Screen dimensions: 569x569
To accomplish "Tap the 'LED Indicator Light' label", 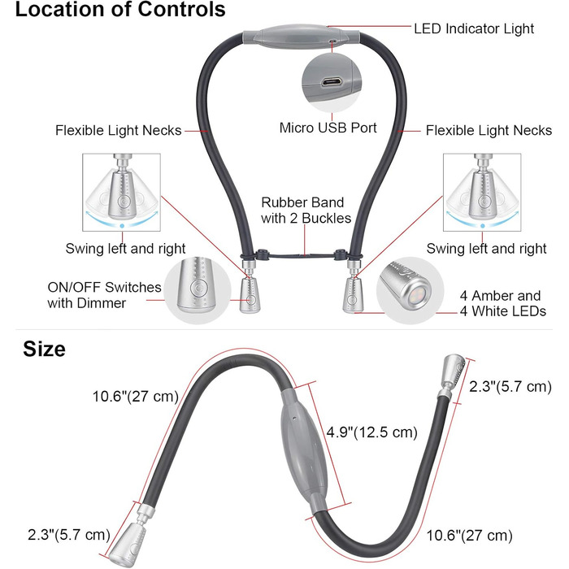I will pos(474,28).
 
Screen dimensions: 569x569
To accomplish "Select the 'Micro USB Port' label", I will pos(328,128).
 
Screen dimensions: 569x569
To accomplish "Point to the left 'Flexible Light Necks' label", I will pos(118,130).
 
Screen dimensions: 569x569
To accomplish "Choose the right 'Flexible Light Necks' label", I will pos(489,130).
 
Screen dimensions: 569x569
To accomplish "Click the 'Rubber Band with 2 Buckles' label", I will pos(303,210).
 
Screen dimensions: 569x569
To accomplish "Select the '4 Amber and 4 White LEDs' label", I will pos(501,303).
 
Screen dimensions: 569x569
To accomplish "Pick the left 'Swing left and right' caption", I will pos(125,249).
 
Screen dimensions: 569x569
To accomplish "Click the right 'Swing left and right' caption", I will pos(486,249).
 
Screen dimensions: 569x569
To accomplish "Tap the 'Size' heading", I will pos(44,350).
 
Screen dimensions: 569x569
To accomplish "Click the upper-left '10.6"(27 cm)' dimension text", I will pos(135,397).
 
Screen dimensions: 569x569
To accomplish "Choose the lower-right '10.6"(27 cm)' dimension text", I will pos(469,535).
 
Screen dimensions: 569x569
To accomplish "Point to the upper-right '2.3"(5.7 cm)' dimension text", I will pos(510,387).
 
